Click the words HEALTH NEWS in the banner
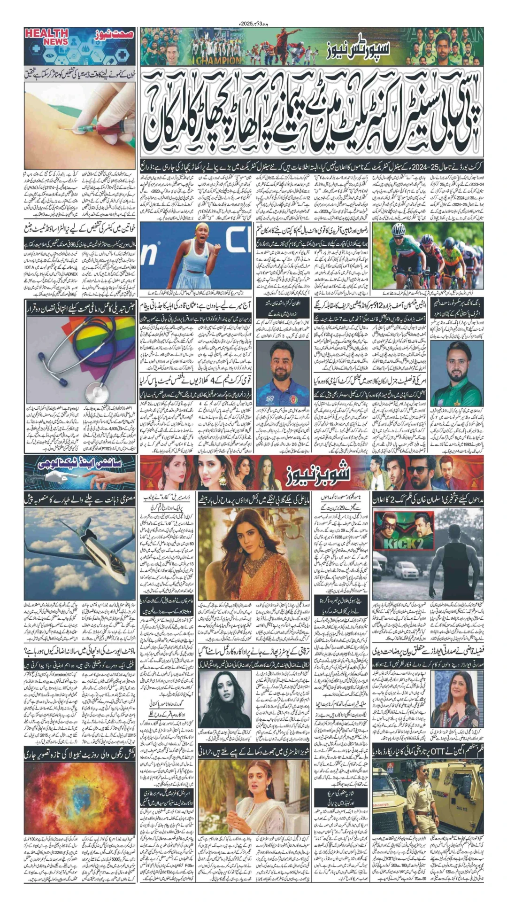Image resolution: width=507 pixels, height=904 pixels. click(x=47, y=37)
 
